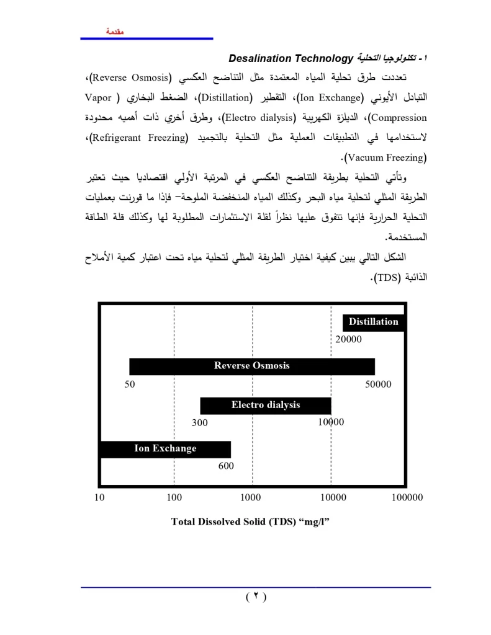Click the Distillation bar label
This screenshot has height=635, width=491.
[x=373, y=322]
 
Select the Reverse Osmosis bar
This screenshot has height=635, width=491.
[x=251, y=366]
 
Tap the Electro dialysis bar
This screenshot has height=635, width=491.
[x=265, y=406]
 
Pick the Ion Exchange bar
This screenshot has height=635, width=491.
[x=165, y=449]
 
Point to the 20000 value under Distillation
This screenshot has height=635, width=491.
[x=348, y=339]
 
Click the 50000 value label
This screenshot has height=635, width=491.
[x=378, y=384]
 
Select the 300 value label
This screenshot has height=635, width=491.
[x=199, y=423]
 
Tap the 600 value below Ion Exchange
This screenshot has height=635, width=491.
[x=226, y=466]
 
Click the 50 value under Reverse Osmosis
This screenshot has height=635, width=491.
[x=129, y=384]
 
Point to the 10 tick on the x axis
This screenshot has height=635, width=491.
[x=99, y=497]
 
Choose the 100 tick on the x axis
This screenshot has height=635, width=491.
[x=174, y=497]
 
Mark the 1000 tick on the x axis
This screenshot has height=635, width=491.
[x=251, y=497]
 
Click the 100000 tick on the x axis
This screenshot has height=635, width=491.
[x=407, y=497]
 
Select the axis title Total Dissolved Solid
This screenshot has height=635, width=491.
[x=250, y=522]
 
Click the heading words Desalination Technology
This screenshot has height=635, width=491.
[x=291, y=59]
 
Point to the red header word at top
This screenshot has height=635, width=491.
[x=115, y=31]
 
